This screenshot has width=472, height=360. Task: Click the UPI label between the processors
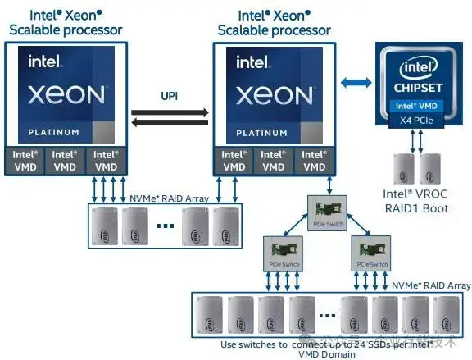coord(170,95)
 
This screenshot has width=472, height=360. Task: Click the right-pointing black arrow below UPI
coord(170,123)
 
